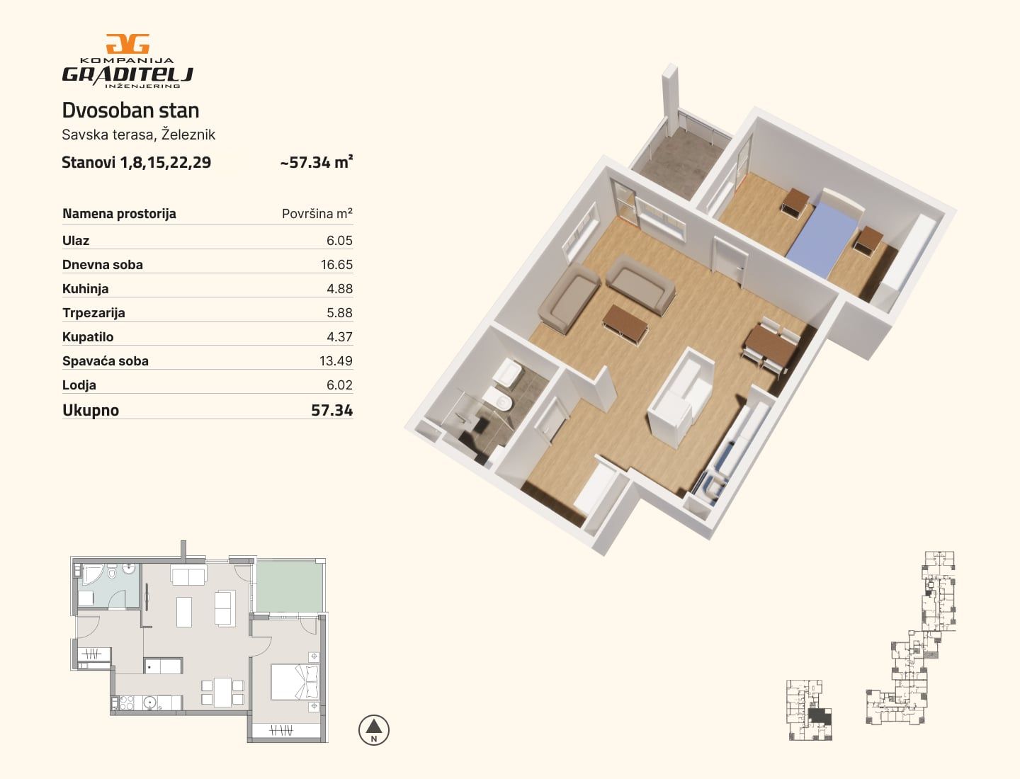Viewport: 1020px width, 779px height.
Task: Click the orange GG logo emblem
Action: pos(127,44)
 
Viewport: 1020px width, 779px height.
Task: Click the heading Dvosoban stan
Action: pos(130,110)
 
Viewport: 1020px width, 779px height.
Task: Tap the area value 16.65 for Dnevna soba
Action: pos(336,265)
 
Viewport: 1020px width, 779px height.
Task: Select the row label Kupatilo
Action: pos(88,337)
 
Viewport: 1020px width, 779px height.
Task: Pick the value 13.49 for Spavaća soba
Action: pos(336,361)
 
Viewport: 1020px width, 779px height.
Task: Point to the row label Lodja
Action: pos(79,385)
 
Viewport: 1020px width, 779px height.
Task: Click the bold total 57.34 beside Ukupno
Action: pos(331,410)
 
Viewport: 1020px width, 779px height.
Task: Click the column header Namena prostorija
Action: pos(120,214)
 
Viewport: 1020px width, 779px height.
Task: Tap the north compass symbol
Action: pos(373,729)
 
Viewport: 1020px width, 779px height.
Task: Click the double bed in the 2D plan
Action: pos(295,682)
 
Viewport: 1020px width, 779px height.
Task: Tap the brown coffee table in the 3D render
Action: pos(625,324)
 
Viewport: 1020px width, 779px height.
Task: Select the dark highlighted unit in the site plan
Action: pos(820,716)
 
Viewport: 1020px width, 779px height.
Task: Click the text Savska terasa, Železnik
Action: pos(138,135)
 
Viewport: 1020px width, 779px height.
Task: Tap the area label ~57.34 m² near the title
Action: pos(317,162)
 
